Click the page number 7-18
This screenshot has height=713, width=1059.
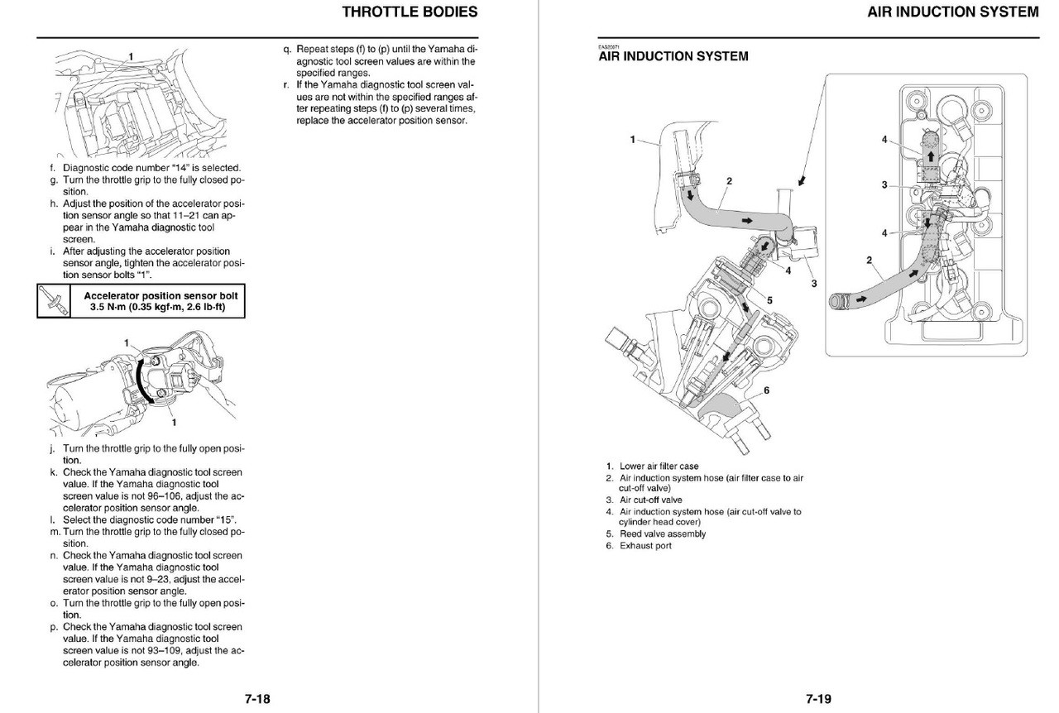256,699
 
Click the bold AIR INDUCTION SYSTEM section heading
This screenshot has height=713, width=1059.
673,56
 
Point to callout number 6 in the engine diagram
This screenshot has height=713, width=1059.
766,390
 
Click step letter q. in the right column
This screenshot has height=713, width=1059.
285,49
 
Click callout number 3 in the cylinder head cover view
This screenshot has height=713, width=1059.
884,184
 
